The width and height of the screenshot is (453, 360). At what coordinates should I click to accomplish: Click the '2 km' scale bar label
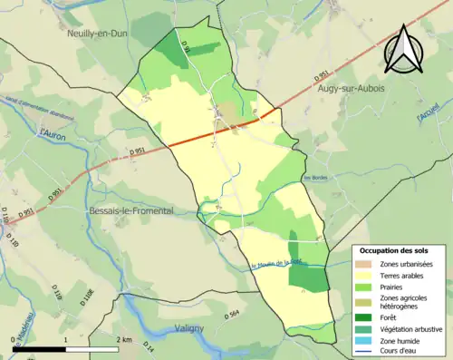pos(126,338)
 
